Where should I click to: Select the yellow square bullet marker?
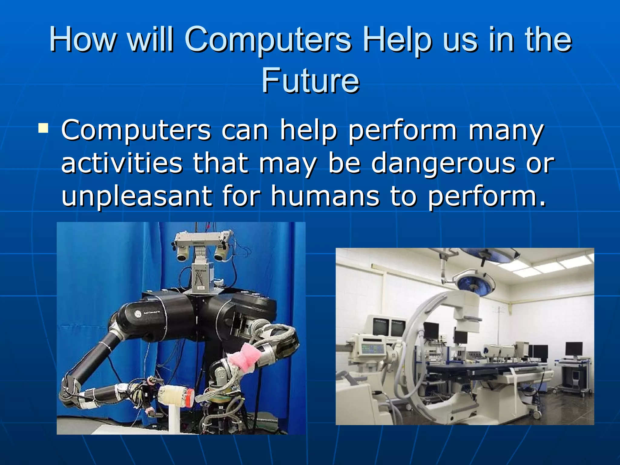pos(43,128)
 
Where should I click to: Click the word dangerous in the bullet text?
pos(443,164)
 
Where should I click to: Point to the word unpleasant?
pos(136,196)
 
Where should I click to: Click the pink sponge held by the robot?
pos(244,357)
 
